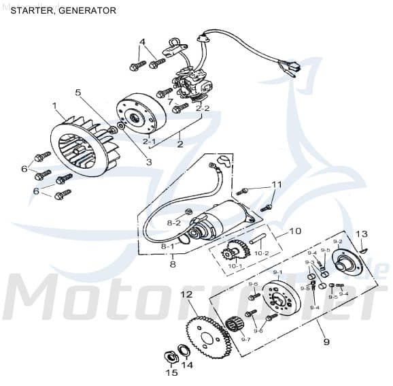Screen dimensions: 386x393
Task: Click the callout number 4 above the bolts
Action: (x=142, y=42)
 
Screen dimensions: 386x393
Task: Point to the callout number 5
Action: (x=78, y=92)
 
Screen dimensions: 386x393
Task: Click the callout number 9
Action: (x=326, y=341)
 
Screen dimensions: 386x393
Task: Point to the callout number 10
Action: (x=294, y=231)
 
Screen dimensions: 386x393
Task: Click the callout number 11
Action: (x=276, y=184)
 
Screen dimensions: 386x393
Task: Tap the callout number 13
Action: (x=362, y=234)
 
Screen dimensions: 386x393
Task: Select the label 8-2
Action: (x=174, y=223)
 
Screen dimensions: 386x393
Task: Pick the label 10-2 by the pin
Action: (x=261, y=253)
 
